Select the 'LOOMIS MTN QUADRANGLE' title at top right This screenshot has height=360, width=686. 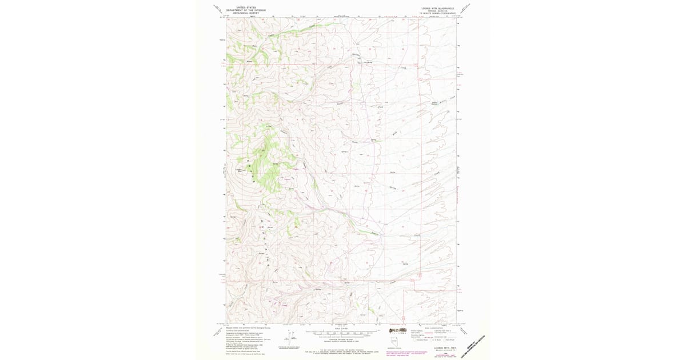click(x=437, y=8)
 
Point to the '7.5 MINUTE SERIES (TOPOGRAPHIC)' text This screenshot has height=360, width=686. click(x=437, y=13)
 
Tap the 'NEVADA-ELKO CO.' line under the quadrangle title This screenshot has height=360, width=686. click(x=437, y=11)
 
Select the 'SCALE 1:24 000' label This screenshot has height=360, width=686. click(x=342, y=328)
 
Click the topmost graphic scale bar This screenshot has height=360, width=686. click(x=342, y=331)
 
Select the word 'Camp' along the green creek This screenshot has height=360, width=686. click(x=272, y=35)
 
